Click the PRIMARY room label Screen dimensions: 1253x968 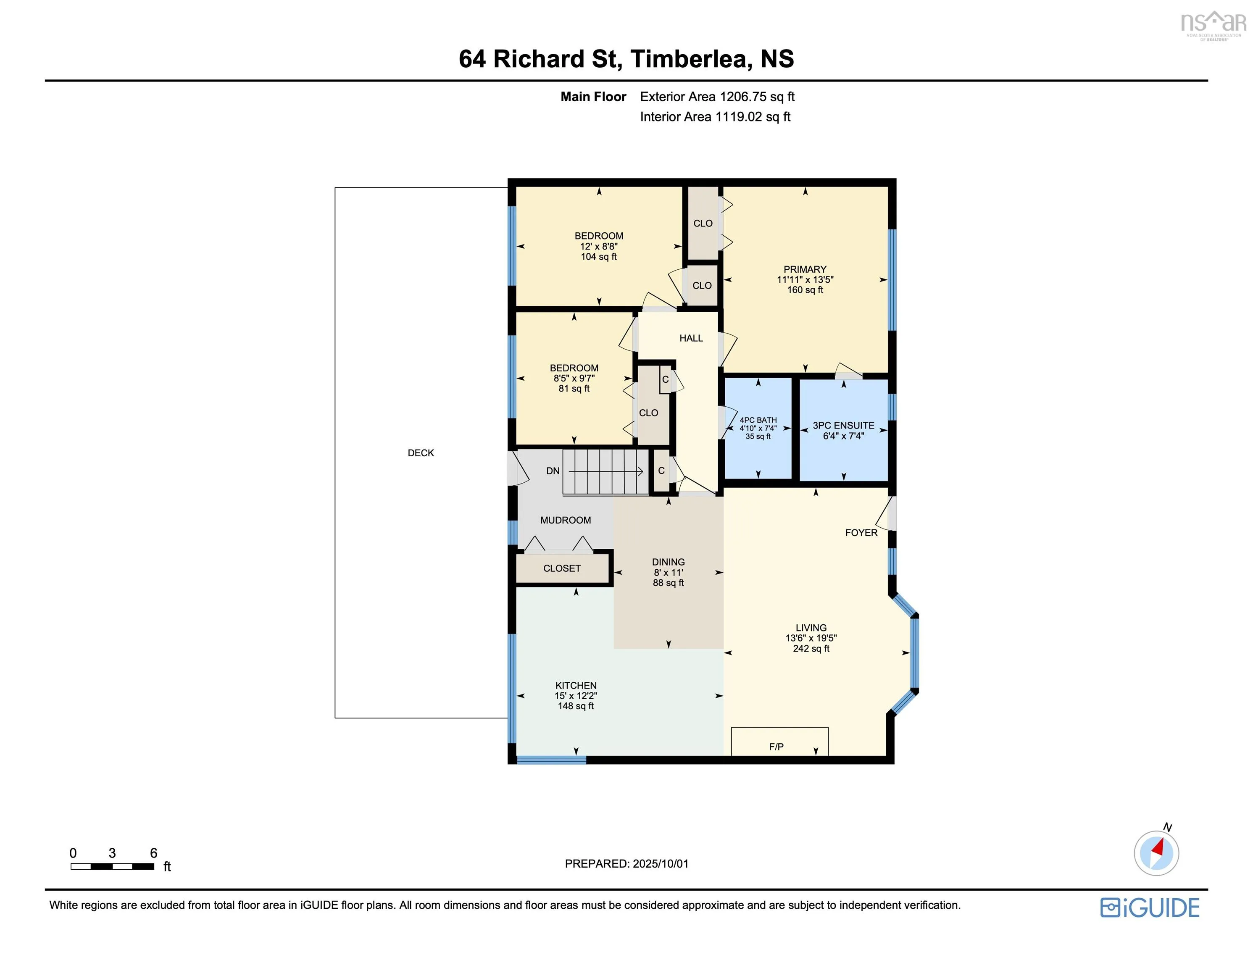pos(805,269)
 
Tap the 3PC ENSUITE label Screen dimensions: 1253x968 pos(843,425)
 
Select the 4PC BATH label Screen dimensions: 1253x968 pos(758,420)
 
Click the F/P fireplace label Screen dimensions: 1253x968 pos(776,747)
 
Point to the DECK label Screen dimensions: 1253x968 pos(421,453)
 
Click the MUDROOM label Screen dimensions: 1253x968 pos(565,520)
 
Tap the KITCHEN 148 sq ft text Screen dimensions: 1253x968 pos(575,706)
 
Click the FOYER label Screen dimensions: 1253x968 pos(861,532)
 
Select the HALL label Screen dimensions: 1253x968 pos(691,338)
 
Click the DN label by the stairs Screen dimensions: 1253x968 pos(553,471)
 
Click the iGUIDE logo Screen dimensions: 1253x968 pos(1150,907)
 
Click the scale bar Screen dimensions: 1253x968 pos(113,866)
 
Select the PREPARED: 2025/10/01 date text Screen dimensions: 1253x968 pos(626,863)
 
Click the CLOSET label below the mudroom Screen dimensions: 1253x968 pos(562,568)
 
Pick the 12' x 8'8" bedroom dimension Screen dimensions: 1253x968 pos(598,246)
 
